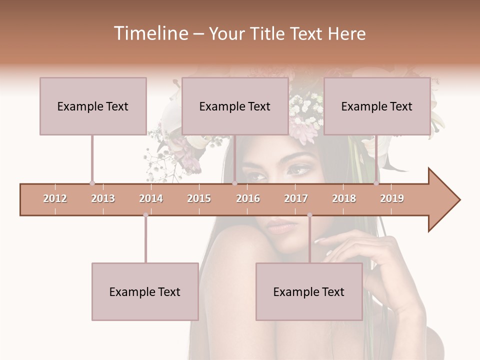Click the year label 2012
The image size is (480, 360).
pos(55,198)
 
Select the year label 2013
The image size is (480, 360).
pos(103,198)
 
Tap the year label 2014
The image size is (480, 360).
pos(151,198)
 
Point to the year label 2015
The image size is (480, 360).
pos(199,198)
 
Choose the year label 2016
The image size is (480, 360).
pos(248,198)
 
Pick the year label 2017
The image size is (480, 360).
pos(296,198)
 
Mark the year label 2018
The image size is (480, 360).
pos(344,198)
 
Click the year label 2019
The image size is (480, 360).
pos(392,198)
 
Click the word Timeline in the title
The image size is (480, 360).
pos(150,33)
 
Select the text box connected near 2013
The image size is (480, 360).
pos(93,106)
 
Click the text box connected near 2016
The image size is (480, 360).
pos(235,106)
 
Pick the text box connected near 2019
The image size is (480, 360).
pos(377,106)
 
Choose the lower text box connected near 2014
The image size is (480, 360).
pos(145,291)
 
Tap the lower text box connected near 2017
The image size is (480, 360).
pos(309,291)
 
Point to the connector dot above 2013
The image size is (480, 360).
pos(92,183)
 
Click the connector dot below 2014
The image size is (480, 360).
pos(145,215)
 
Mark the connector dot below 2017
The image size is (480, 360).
pos(309,215)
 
